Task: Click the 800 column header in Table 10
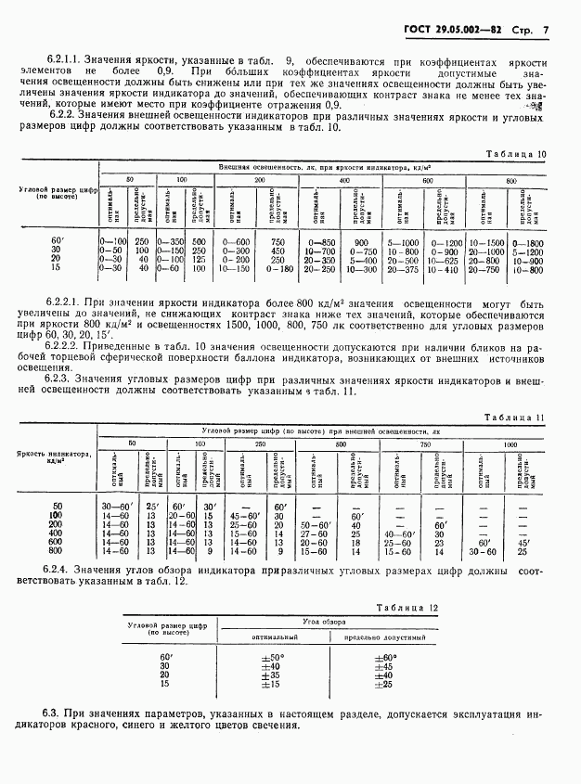pyautogui.click(x=511, y=178)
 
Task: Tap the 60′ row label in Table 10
pyautogui.click(x=58, y=241)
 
